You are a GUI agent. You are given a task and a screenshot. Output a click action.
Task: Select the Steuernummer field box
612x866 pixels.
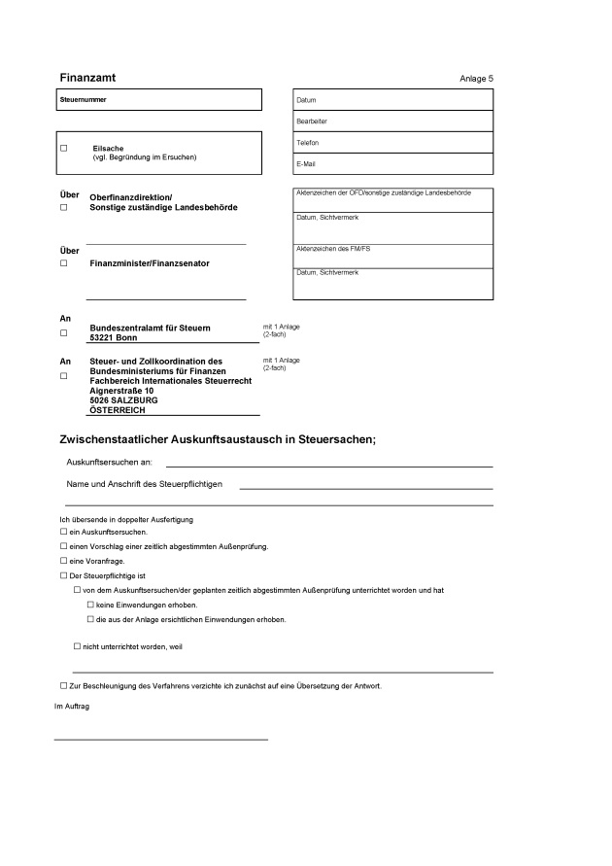click(x=160, y=100)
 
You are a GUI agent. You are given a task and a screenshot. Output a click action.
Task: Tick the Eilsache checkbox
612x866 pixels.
click(x=64, y=149)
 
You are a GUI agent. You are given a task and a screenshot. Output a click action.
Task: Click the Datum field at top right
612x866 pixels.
click(x=391, y=100)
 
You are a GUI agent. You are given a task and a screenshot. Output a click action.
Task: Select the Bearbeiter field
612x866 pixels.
click(x=391, y=121)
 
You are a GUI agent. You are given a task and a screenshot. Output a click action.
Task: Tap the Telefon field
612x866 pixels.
click(x=391, y=143)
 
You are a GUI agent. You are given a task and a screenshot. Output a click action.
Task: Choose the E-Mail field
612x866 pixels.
click(x=391, y=164)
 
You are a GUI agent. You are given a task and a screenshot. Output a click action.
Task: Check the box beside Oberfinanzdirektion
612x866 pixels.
click(x=64, y=208)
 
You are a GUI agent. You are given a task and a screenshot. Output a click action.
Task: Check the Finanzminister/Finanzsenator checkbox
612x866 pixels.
click(x=64, y=263)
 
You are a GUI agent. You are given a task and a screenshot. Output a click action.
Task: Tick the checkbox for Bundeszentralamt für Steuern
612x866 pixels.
click(x=64, y=332)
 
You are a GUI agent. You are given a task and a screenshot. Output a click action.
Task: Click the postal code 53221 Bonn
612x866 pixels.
click(x=113, y=337)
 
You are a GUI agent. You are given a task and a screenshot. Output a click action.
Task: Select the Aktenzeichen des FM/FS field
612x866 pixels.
click(x=391, y=256)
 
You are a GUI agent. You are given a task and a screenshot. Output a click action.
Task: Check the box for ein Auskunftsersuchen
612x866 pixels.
click(x=63, y=533)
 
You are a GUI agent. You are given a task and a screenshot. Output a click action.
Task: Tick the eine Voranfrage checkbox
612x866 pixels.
click(x=63, y=561)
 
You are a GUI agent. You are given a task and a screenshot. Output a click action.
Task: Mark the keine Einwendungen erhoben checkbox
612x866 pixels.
click(x=90, y=605)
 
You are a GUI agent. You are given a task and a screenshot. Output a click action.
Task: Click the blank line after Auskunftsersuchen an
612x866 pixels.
click(x=328, y=465)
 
